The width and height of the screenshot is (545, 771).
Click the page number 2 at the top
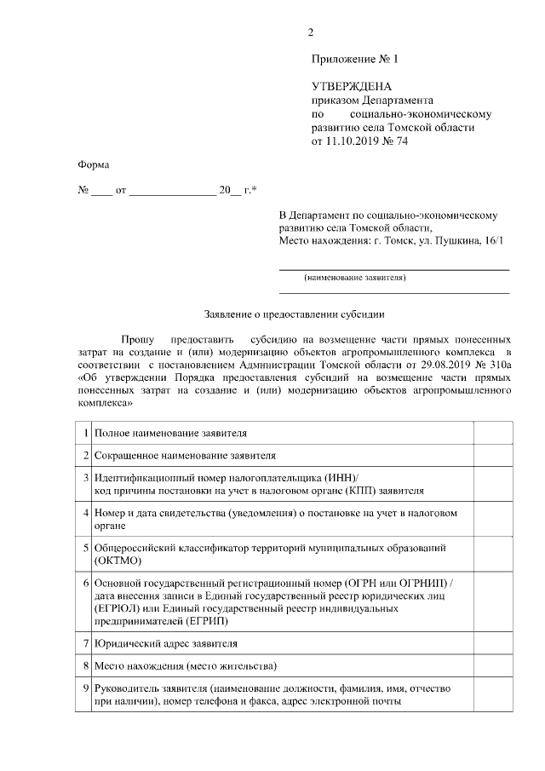311,33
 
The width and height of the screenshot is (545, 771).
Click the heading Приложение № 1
355,60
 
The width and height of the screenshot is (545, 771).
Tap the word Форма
93,164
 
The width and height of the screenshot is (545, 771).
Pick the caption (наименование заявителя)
355,278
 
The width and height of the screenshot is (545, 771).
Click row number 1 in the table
87,433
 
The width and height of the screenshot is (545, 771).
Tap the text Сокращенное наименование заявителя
185,456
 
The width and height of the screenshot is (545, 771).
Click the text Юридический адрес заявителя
166,643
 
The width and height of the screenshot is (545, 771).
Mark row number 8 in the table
87,665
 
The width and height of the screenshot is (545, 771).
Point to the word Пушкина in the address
456,242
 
